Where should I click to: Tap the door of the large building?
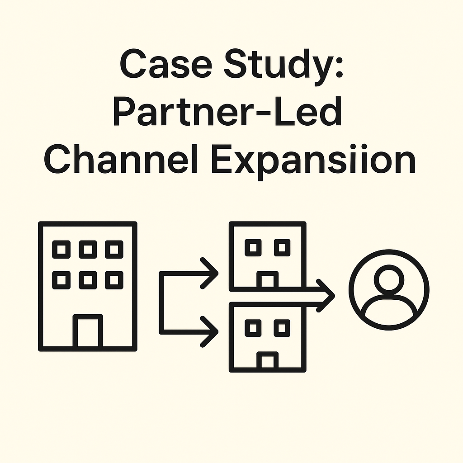point(88,331)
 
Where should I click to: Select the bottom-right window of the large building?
point(113,280)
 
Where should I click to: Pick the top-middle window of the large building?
point(88,249)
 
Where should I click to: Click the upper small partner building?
point(267,256)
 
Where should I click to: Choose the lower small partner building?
point(267,337)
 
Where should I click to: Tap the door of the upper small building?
point(267,280)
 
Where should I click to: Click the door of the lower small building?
point(267,361)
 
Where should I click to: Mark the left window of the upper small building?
point(253,247)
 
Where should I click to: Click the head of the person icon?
point(389,280)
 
